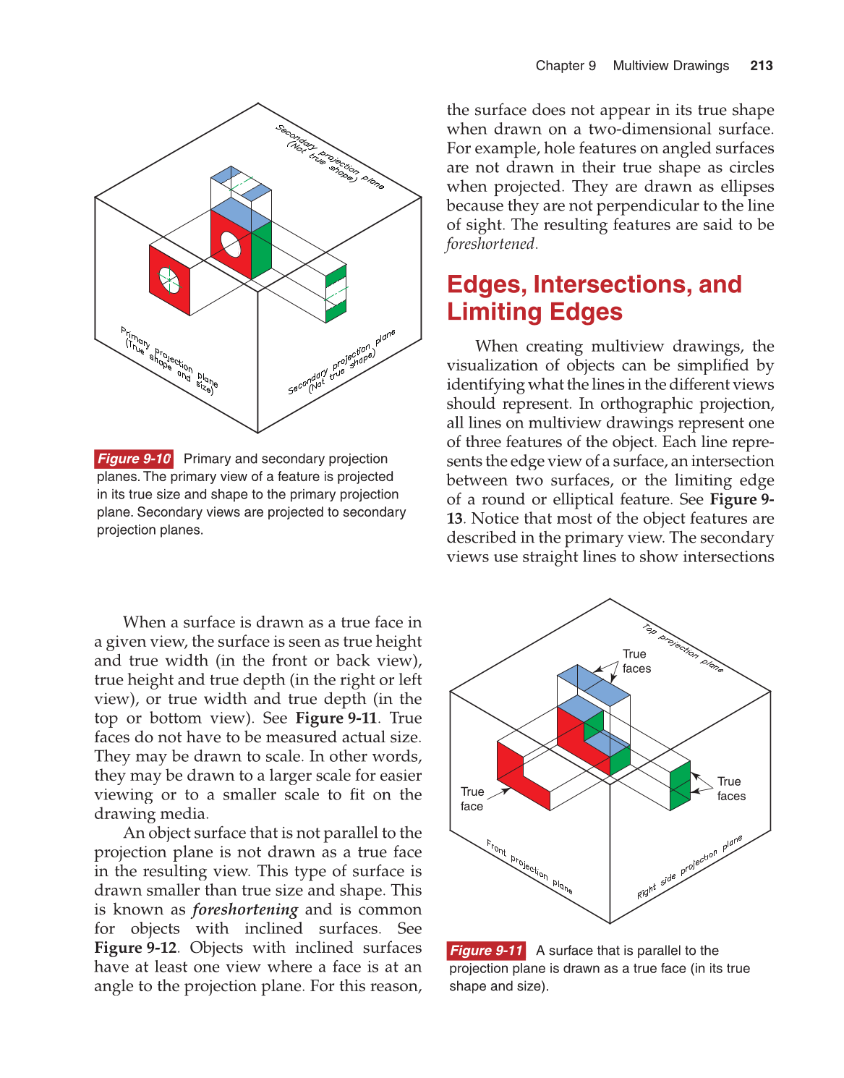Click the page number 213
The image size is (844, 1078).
tap(762, 66)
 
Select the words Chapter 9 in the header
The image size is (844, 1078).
tap(566, 66)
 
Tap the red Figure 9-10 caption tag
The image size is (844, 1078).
tap(134, 459)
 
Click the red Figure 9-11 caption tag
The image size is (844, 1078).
tap(486, 950)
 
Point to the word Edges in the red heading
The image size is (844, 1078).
tap(486, 284)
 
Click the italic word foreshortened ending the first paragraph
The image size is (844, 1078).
tap(491, 244)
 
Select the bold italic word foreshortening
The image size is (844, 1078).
tap(245, 909)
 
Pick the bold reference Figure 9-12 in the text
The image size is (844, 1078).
tap(135, 948)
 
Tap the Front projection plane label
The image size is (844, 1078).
tap(529, 867)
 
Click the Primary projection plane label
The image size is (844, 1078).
tap(169, 360)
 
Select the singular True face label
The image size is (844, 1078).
tap(472, 799)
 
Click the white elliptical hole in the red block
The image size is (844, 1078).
tap(231, 244)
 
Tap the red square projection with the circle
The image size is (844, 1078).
tap(169, 280)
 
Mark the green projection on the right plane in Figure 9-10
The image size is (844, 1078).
tap(336, 294)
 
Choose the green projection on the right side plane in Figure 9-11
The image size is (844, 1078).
tap(681, 786)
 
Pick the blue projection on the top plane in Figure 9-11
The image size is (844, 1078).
tap(593, 684)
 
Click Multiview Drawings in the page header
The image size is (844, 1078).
tap(670, 66)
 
